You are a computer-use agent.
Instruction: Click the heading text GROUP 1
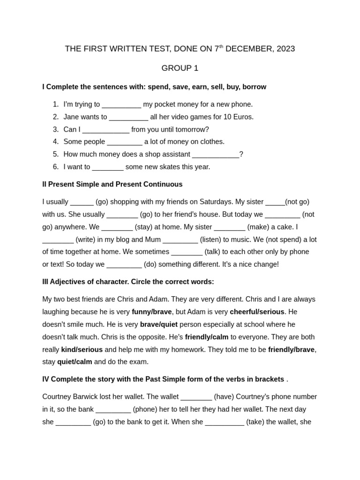(180, 68)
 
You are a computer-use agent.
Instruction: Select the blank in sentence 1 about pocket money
(121, 105)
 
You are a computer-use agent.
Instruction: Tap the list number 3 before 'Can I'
(56, 129)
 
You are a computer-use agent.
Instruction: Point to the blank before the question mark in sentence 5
(216, 154)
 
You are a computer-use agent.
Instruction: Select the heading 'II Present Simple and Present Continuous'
(112, 184)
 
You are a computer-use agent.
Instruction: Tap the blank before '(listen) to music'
(180, 240)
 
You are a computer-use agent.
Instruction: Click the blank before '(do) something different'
(124, 264)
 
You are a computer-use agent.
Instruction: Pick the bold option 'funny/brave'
(152, 312)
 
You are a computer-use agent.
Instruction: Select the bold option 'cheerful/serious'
(257, 312)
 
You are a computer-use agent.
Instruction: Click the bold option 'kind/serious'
(82, 349)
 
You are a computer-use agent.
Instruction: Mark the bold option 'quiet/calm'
(75, 362)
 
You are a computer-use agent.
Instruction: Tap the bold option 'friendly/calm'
(207, 337)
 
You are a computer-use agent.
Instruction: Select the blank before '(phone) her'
(113, 409)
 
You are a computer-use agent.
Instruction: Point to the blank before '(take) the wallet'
(225, 422)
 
